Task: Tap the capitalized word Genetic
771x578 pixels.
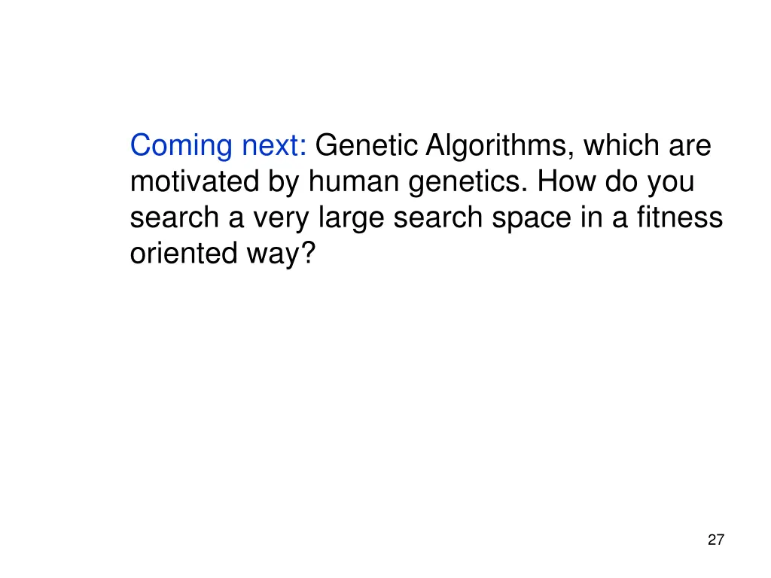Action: [x=366, y=146]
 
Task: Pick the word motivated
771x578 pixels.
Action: [x=194, y=182]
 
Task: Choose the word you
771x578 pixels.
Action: [x=672, y=182]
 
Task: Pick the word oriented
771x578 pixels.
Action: [x=182, y=254]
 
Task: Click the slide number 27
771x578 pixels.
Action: [x=716, y=540]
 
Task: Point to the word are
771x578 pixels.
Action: [x=690, y=146]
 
